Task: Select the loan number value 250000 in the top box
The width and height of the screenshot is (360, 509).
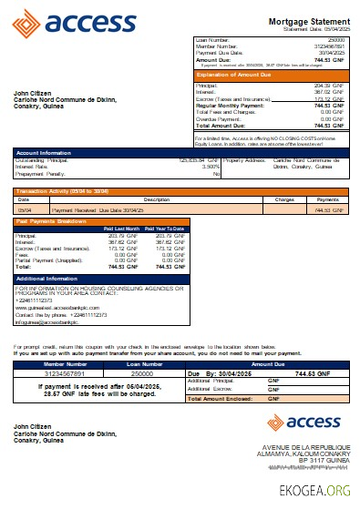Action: click(x=335, y=40)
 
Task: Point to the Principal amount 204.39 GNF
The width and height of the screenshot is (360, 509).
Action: click(x=329, y=84)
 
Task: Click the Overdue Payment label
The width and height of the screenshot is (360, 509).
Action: click(x=220, y=118)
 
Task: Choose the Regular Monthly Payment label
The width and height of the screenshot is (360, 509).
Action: click(x=228, y=105)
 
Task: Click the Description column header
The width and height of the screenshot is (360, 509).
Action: click(x=157, y=199)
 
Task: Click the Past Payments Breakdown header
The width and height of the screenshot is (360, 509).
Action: click(x=51, y=220)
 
